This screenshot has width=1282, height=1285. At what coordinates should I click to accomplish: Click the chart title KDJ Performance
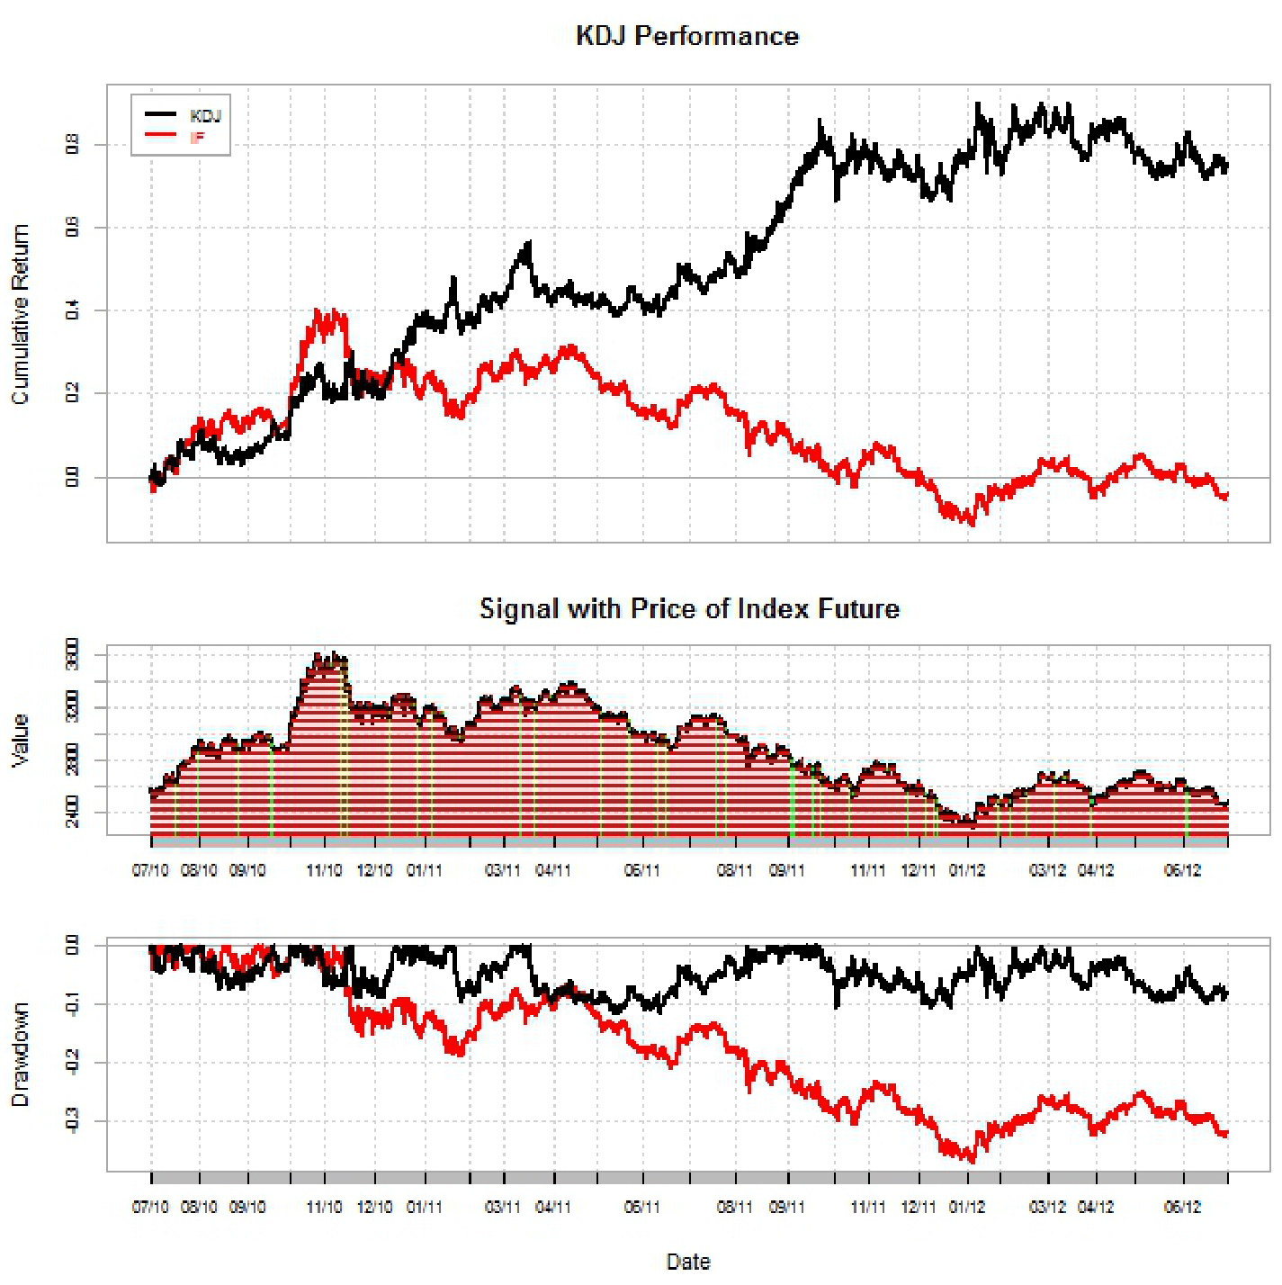(x=687, y=36)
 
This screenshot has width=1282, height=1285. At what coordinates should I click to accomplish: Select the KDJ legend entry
(x=204, y=116)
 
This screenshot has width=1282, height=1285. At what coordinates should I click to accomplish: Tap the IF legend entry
(x=197, y=138)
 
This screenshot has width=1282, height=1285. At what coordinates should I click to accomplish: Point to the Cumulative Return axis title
(x=20, y=314)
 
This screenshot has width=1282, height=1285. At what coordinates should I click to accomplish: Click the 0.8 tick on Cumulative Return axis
(x=72, y=145)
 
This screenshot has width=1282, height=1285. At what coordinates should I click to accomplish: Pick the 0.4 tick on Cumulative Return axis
(x=72, y=311)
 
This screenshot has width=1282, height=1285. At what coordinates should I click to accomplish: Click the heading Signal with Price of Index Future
(x=689, y=609)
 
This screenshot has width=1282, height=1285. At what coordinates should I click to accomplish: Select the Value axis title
(x=20, y=740)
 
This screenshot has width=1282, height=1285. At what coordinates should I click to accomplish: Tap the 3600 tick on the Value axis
(x=72, y=654)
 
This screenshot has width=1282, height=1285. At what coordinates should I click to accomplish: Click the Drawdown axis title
(x=20, y=1055)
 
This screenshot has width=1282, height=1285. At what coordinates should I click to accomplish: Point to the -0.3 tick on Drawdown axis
(x=72, y=1121)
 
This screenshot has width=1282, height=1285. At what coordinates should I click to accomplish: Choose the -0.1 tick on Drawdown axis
(x=72, y=1004)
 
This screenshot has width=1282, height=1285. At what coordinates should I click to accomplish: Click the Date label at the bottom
(x=688, y=1262)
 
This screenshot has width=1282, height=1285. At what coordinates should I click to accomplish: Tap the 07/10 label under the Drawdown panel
(x=150, y=1207)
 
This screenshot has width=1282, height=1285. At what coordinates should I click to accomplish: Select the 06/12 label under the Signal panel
(x=1182, y=870)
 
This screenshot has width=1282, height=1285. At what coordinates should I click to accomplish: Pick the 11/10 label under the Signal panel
(x=324, y=870)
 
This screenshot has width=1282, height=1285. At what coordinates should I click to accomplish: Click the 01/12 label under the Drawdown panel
(x=967, y=1207)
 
